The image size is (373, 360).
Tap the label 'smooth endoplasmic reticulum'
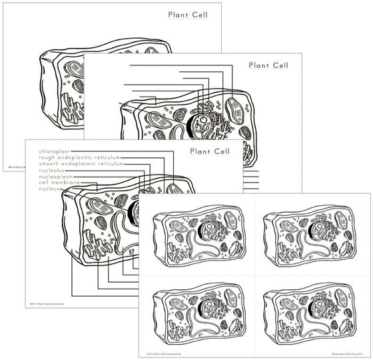click(x=81, y=164)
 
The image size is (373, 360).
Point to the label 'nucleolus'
click(x=53, y=170)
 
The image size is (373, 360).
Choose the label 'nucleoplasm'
click(x=57, y=176)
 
